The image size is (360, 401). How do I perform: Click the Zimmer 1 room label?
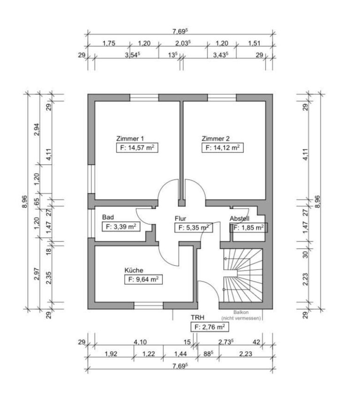coord(130,139)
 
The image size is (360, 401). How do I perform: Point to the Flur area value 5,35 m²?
coord(192,228)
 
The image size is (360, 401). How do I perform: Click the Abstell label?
coord(239,219)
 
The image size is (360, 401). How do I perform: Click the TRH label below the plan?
coord(197,318)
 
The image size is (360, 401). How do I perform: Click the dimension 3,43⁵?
coord(220,55)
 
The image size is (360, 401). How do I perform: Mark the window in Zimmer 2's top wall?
coord(222,97)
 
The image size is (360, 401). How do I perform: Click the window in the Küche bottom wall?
coord(149,306)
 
